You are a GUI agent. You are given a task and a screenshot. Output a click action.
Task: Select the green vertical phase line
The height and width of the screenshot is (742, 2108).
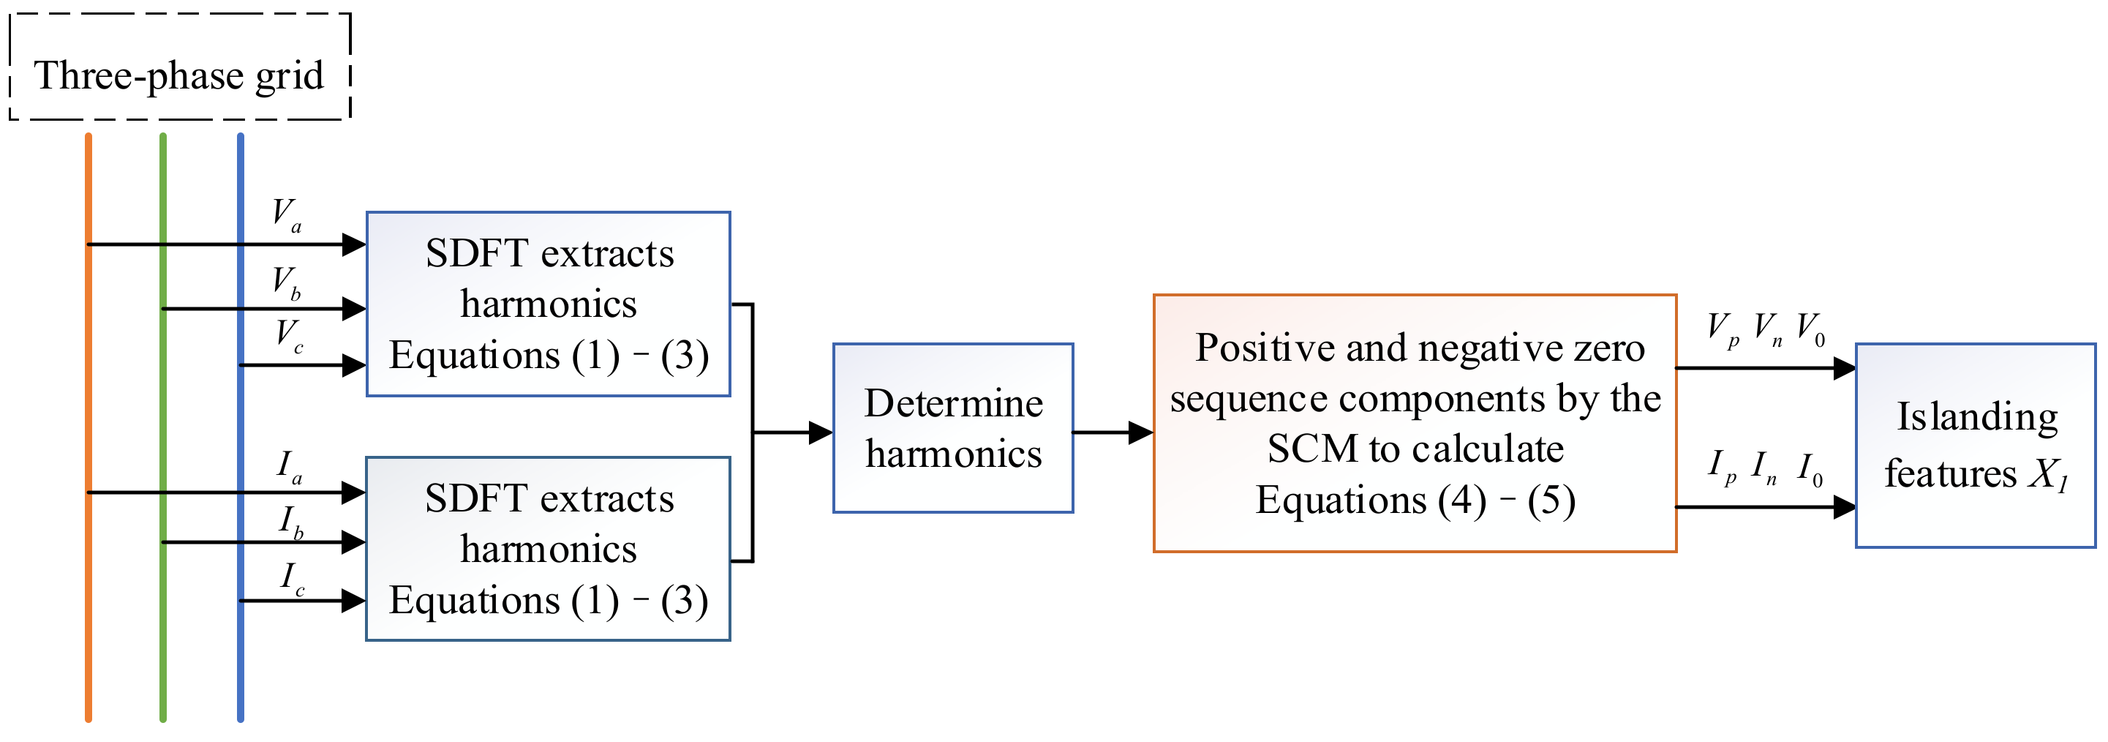coord(164,639)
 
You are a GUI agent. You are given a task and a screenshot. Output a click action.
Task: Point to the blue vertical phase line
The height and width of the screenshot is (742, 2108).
coord(241,655)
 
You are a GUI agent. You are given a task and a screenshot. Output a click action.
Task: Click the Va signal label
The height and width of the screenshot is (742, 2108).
coord(287,215)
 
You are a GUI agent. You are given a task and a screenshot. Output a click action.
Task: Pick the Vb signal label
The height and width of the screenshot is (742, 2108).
coord(287,283)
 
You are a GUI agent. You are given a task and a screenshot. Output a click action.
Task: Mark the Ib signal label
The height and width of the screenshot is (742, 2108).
coord(291,522)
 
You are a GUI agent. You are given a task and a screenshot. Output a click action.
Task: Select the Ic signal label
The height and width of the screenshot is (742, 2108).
coord(292,578)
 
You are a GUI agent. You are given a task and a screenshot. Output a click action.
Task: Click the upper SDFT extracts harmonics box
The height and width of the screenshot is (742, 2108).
coord(549,304)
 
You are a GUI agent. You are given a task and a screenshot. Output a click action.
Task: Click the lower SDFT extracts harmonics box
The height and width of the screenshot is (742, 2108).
coord(549,549)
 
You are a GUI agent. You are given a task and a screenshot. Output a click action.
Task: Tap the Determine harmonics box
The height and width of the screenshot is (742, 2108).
coord(953,428)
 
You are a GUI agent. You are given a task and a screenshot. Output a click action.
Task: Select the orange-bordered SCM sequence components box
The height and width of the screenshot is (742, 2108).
coord(1415,424)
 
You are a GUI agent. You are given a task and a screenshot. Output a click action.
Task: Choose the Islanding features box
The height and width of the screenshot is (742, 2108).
coord(1975,445)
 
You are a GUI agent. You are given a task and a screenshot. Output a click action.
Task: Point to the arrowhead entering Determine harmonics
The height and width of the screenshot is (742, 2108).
coord(821,432)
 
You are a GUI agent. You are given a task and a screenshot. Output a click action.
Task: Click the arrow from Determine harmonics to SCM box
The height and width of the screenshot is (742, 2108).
coord(1113,432)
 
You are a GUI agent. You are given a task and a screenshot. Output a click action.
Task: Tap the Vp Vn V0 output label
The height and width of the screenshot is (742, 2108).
coord(1765,330)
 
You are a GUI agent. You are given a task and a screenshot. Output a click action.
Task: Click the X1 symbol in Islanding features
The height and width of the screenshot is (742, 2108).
coord(2048,475)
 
